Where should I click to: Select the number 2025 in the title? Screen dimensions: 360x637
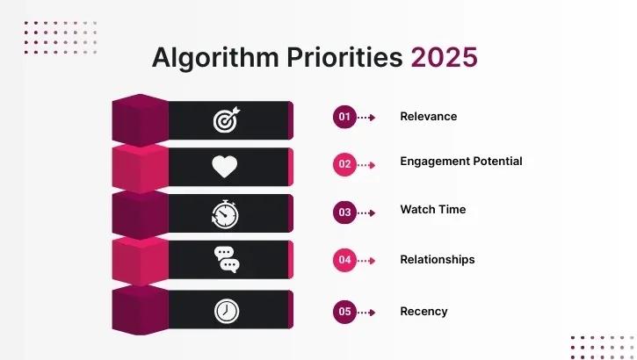point(445,57)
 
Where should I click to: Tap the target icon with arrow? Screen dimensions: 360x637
point(226,120)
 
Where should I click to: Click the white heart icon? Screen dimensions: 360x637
point(225,166)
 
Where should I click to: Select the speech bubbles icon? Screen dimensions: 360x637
point(226,260)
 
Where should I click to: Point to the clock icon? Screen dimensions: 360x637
point(226,310)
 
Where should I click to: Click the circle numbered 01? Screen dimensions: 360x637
point(344,117)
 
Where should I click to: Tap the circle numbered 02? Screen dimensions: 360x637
point(344,164)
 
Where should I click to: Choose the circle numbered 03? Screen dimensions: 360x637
point(344,212)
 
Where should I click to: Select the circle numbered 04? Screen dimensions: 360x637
point(344,260)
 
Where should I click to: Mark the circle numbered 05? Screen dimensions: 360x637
point(344,312)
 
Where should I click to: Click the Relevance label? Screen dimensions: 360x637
point(429,116)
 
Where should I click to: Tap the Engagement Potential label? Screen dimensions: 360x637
point(460,161)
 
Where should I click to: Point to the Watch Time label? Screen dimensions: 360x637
point(432,209)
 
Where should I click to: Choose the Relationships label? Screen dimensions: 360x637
point(437,259)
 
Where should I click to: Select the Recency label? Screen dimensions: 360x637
point(423,311)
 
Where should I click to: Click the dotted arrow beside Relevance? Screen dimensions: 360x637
point(366,117)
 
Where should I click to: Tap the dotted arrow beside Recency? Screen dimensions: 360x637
point(366,312)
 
